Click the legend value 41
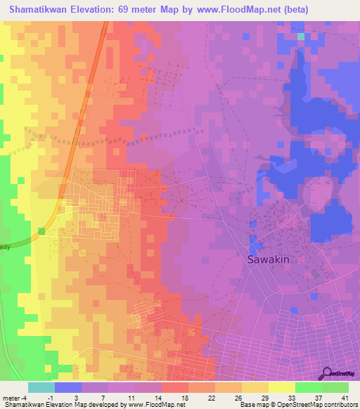(x=345, y=398)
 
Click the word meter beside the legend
(x=10, y=398)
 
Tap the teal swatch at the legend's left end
(x=41, y=387)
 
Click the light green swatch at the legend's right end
(x=335, y=387)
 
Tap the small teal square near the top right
(x=301, y=36)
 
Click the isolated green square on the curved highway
(x=41, y=231)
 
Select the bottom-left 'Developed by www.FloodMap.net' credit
(x=84, y=405)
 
